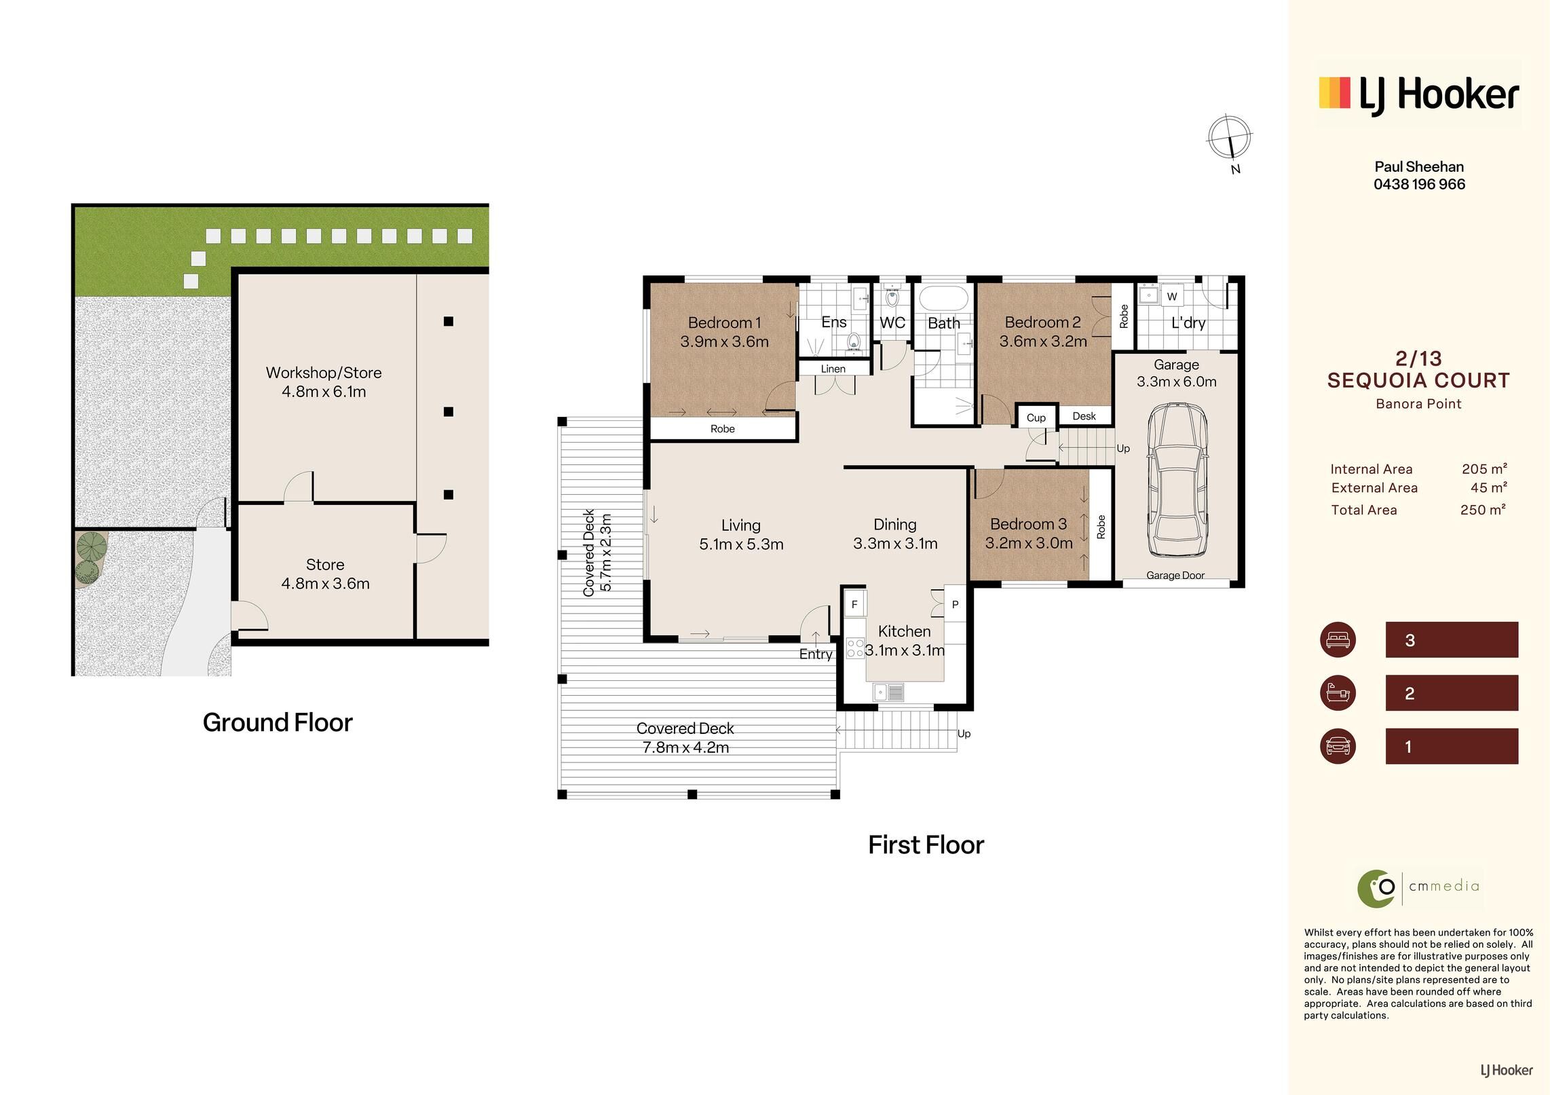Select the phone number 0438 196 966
point(1419,184)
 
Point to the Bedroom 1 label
point(724,322)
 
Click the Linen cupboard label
point(833,369)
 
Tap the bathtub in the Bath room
point(943,299)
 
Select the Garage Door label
point(1175,576)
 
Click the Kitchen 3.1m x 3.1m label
point(905,641)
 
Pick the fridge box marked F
point(854,604)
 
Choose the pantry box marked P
point(955,604)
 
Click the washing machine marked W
point(1171,296)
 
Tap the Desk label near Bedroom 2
point(1084,416)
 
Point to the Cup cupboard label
point(1036,417)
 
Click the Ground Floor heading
point(278,722)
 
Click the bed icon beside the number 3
point(1338,639)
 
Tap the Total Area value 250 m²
point(1483,510)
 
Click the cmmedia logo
point(1418,887)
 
